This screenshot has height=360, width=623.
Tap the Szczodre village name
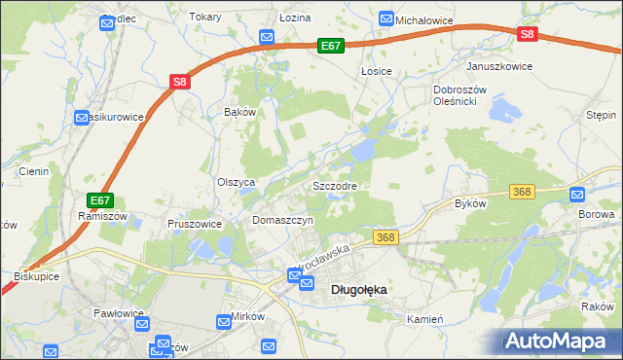[335, 185]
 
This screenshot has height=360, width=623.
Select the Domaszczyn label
[282, 221]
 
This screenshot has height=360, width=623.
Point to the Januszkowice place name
[500, 66]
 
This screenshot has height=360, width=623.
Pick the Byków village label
[470, 204]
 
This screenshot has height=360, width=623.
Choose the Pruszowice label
[195, 223]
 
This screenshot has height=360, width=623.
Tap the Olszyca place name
[236, 182]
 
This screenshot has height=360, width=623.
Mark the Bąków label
[239, 112]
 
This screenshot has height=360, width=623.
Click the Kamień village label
[425, 319]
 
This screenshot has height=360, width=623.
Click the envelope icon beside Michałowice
[386, 19]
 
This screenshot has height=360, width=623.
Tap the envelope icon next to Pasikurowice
[82, 118]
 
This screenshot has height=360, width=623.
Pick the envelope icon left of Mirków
[221, 319]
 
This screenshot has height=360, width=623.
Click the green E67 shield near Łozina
[331, 46]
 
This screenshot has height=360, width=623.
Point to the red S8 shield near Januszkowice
[527, 34]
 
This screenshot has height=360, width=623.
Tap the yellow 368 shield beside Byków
[523, 193]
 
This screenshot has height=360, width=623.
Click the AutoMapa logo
[560, 341]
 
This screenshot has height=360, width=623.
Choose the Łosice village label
[376, 71]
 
